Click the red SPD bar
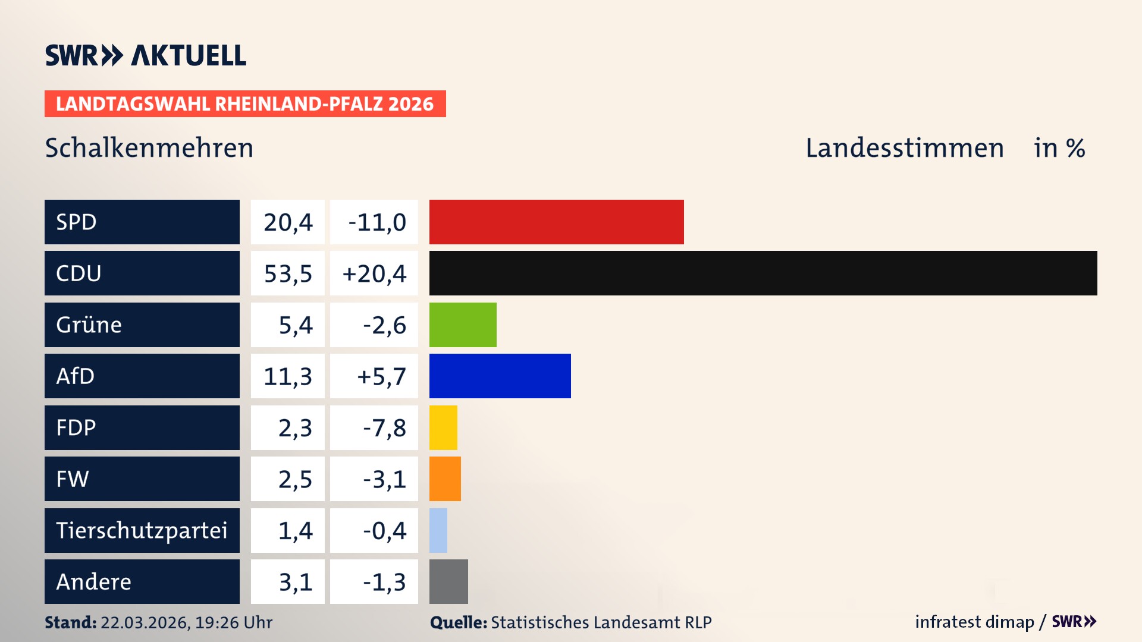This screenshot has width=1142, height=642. pyautogui.click(x=556, y=222)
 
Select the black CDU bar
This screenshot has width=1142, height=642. pyautogui.click(x=763, y=273)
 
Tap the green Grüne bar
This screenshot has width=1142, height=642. pyautogui.click(x=463, y=325)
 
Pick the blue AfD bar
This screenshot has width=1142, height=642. pyautogui.click(x=500, y=376)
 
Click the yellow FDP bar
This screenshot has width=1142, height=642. pyautogui.click(x=443, y=427)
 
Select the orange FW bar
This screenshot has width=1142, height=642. pyautogui.click(x=445, y=479)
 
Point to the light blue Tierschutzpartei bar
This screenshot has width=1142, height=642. pyautogui.click(x=438, y=530)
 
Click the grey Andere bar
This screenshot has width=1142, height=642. pyautogui.click(x=448, y=581)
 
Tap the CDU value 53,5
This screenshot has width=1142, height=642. pyautogui.click(x=288, y=273)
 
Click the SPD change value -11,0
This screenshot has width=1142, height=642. pyautogui.click(x=377, y=222)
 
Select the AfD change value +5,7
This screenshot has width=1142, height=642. pyautogui.click(x=381, y=376)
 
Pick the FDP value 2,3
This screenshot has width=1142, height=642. pyautogui.click(x=295, y=428)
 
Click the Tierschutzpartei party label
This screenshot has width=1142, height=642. pyautogui.click(x=142, y=530)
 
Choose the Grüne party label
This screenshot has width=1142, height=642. pyautogui.click(x=89, y=325)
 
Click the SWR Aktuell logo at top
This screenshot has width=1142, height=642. pyautogui.click(x=145, y=55)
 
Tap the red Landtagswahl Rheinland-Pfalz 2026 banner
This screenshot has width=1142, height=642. pyautogui.click(x=244, y=104)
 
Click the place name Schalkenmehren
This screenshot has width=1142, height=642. pyautogui.click(x=149, y=148)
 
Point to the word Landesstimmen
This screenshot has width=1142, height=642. pyautogui.click(x=904, y=148)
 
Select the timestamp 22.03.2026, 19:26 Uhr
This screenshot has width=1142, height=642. pyautogui.click(x=186, y=622)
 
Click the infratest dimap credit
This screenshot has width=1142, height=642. pyautogui.click(x=974, y=622)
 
